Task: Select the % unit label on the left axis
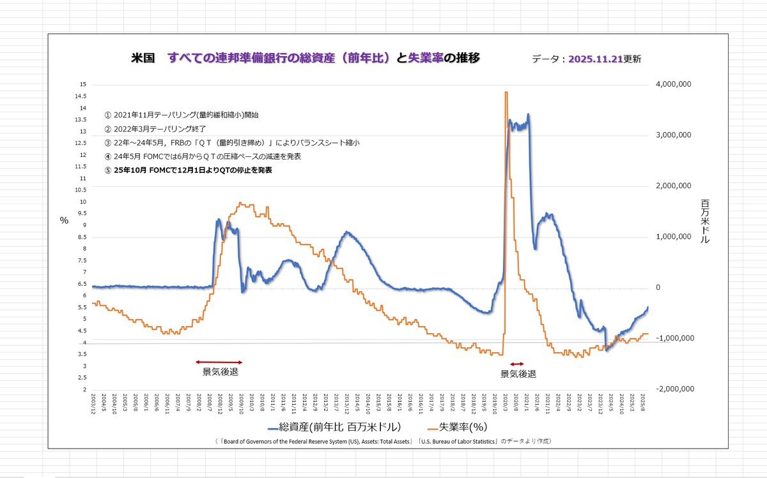coord(64,220)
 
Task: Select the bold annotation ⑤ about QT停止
coord(188,170)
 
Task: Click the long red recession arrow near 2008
coord(219,362)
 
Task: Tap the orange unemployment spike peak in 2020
coord(506,93)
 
